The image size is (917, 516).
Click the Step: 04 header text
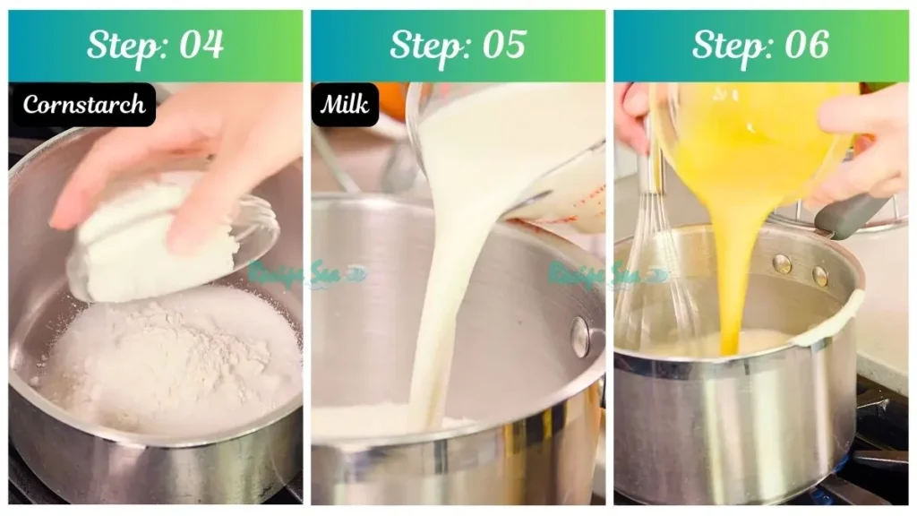tap(155, 45)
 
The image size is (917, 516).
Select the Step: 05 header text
tap(458, 45)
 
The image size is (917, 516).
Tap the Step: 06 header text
tap(760, 45)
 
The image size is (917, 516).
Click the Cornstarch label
tap(83, 105)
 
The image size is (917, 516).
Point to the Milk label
tap(345, 105)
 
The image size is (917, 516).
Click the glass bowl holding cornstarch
tap(170, 237)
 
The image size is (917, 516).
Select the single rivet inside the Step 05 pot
tap(580, 337)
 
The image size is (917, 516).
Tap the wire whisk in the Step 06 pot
tap(658, 269)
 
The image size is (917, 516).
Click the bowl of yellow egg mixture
tap(752, 134)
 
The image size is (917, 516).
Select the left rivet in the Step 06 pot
tap(782, 264)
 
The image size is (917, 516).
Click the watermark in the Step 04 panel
tap(304, 274)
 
